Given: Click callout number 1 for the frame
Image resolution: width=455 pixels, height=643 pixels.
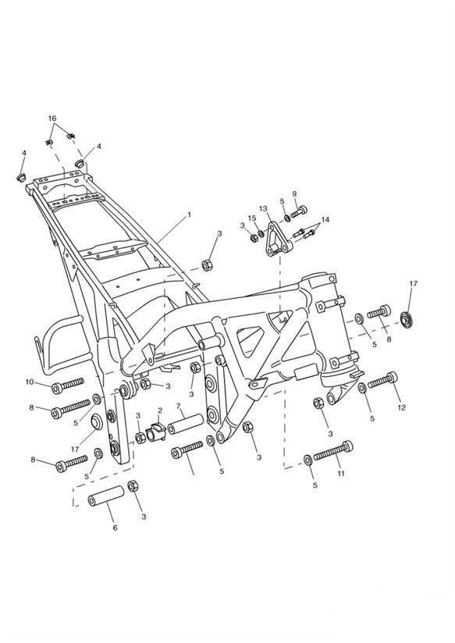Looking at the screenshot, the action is [x=189, y=215].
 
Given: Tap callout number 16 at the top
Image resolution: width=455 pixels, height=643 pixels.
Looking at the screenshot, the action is [x=52, y=119].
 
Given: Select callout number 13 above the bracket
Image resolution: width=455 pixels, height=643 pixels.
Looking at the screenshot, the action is [x=263, y=208].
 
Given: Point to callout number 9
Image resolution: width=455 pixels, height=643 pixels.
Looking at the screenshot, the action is [x=294, y=194].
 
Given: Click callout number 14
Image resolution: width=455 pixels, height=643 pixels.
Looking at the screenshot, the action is [x=325, y=220].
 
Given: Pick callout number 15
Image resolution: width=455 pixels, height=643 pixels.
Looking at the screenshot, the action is [x=252, y=218].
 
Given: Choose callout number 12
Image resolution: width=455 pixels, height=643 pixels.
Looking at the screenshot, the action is [x=401, y=407].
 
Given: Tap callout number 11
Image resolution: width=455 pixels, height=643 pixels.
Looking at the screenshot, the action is [x=341, y=473].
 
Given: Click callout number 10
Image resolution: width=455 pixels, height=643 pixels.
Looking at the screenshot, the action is [x=30, y=382].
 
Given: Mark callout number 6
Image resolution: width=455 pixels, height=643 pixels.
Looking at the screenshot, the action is [x=115, y=528].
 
